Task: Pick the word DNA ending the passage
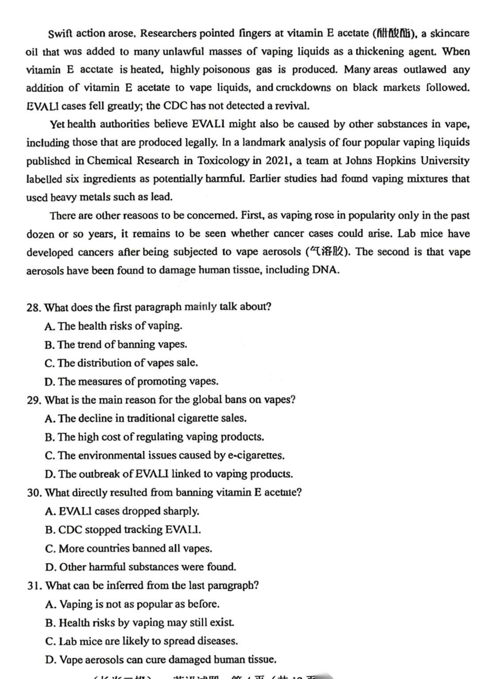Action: [x=325, y=270]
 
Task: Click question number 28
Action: [x=34, y=307]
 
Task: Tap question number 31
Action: [x=34, y=586]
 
